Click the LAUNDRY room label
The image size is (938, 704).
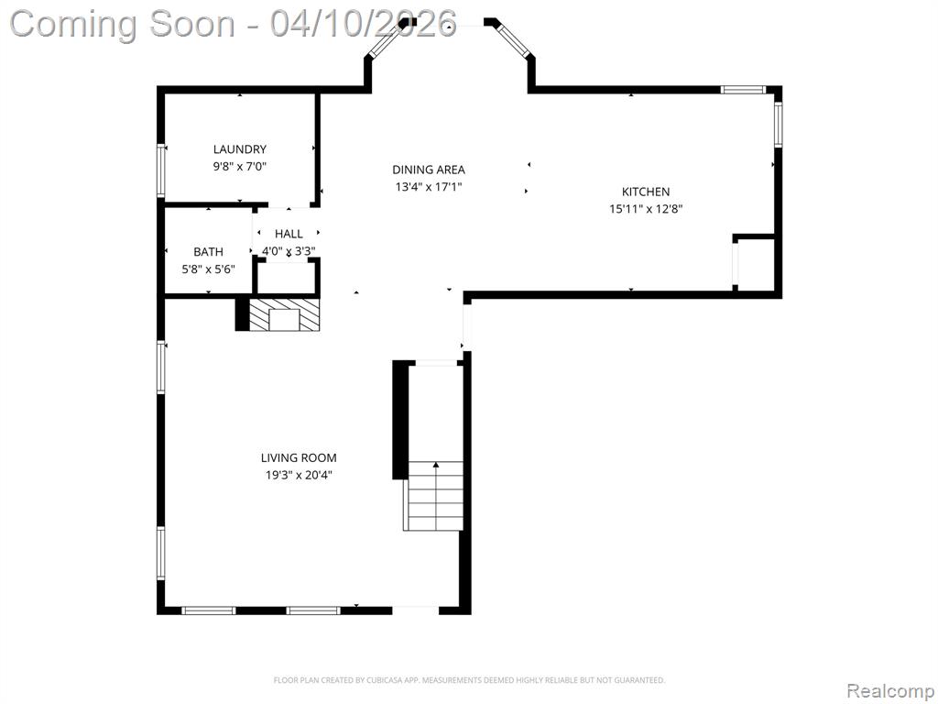(239, 149)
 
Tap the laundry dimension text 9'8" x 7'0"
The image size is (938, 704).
(239, 167)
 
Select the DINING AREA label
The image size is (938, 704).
(429, 170)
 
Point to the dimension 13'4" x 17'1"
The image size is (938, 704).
(429, 187)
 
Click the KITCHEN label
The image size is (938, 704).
(646, 192)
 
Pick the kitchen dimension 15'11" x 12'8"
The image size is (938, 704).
(646, 209)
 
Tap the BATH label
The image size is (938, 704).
(208, 252)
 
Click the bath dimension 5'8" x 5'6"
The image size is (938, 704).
(208, 269)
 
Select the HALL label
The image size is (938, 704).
(289, 234)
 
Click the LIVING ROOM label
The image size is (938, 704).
(299, 458)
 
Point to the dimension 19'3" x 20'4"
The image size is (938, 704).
(299, 476)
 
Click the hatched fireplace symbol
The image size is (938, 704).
(284, 315)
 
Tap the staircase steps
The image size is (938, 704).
(435, 496)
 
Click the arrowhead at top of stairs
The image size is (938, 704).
(436, 465)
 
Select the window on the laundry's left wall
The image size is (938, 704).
(161, 170)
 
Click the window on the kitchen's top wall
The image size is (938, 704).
(742, 90)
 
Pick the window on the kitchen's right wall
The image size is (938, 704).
(778, 125)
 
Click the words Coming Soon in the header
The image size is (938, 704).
(123, 24)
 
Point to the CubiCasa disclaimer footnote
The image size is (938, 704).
(469, 680)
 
